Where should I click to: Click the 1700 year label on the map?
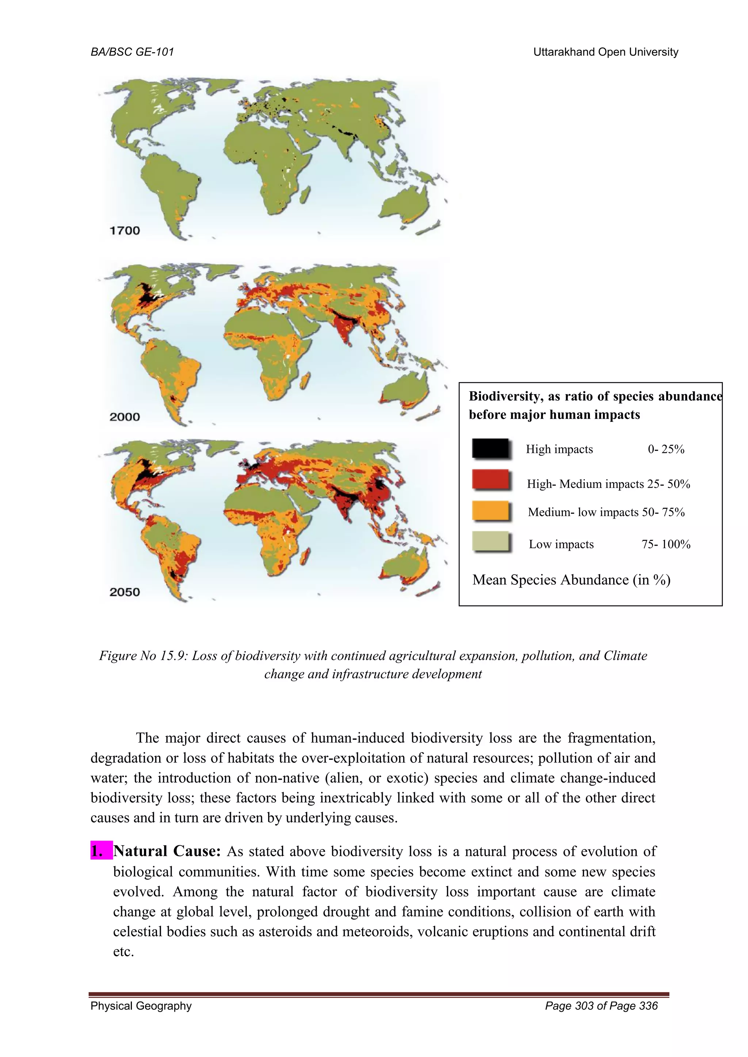(124, 230)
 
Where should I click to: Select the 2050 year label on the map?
(124, 592)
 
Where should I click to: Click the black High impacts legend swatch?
(491, 449)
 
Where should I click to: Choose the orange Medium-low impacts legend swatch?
(491, 511)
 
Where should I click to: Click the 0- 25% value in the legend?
(666, 449)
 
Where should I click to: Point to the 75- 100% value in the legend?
(666, 544)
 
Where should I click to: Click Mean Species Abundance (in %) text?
(571, 580)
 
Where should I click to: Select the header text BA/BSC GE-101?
(132, 52)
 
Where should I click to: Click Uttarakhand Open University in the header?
(606, 52)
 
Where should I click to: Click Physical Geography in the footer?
(141, 1006)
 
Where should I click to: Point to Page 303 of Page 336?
(601, 1006)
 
